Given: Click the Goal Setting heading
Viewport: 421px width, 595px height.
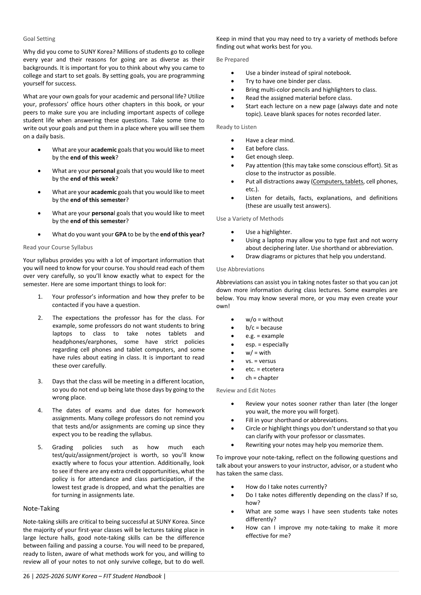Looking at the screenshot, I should point(39,39).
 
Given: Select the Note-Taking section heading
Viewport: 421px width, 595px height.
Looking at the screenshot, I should point(41,508).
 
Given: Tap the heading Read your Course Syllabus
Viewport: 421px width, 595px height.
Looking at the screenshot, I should point(58,247).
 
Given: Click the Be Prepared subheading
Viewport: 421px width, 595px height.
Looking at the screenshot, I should point(232,60).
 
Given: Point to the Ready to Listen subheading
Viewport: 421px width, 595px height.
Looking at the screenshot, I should point(236,127).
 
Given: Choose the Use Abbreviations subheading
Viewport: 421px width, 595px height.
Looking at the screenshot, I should point(240,269).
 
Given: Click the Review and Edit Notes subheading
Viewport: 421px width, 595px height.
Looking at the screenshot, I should point(246,390).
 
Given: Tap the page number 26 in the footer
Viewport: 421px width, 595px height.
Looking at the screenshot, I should point(26,576).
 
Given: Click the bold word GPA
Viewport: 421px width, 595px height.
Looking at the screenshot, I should point(120,234).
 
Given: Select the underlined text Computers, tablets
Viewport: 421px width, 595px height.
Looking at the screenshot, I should point(338,181).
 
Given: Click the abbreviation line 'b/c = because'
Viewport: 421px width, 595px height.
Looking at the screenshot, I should point(264,328).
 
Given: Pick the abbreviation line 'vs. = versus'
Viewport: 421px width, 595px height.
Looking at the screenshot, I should point(260,361).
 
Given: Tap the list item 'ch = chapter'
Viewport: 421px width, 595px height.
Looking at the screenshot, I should point(262,378).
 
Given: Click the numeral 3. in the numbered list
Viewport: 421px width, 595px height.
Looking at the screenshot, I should point(40,381).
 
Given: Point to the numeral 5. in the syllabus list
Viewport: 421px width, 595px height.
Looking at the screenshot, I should point(40,447).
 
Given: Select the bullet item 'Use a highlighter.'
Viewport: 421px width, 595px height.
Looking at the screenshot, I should point(268,232).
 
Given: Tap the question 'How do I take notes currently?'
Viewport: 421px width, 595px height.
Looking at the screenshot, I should point(286,487).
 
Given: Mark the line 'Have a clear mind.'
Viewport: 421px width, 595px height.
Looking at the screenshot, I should point(270,140).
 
